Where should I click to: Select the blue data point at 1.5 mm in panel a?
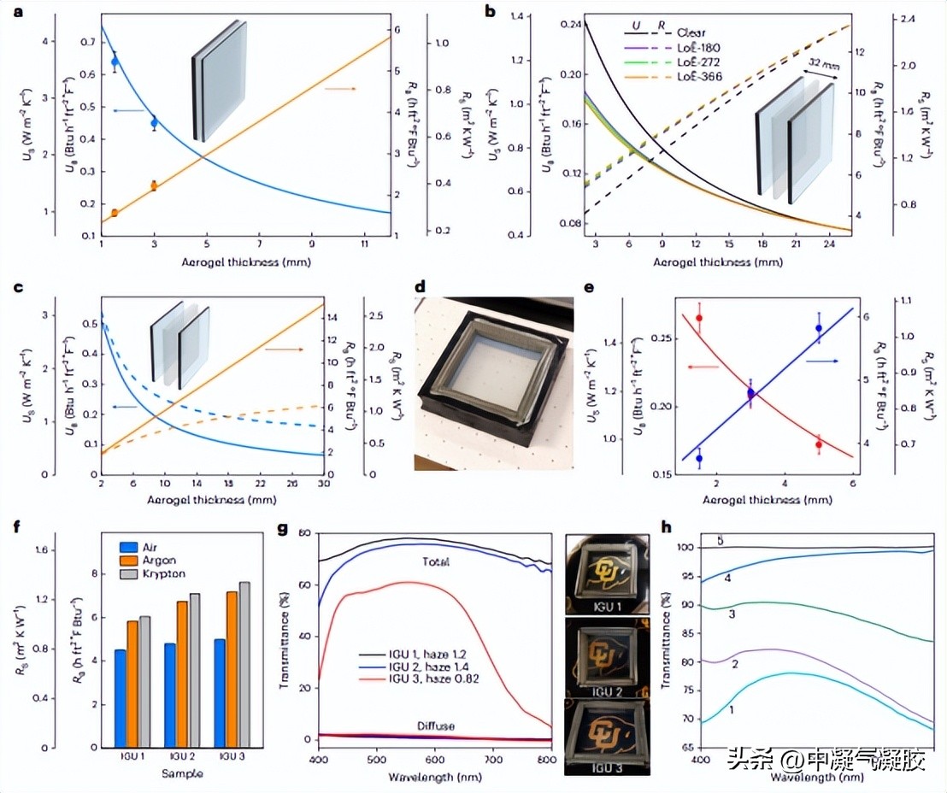click(x=115, y=62)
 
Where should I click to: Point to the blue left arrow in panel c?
click(x=125, y=408)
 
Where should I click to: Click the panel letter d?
click(x=420, y=287)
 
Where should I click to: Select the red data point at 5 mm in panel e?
click(x=819, y=444)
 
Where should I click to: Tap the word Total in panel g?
click(x=436, y=563)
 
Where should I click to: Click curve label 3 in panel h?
click(x=731, y=615)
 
